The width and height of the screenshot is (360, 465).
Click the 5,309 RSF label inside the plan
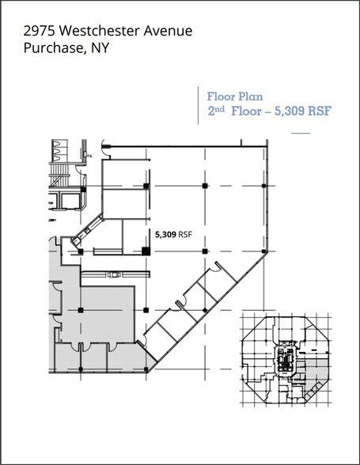click(x=172, y=234)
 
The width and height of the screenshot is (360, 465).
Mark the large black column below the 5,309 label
click(x=146, y=251)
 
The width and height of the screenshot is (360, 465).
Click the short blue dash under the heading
click(x=301, y=132)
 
